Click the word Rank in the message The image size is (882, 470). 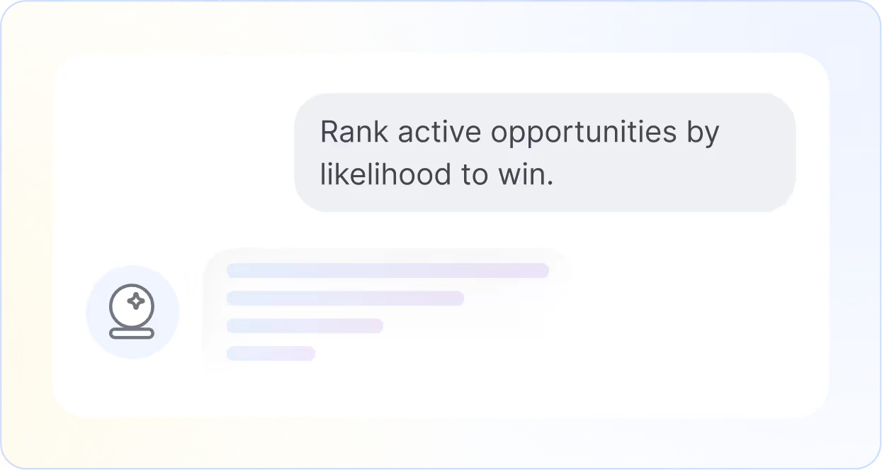[x=354, y=132]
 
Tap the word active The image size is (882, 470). [x=439, y=132]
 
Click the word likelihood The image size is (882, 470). [x=385, y=174]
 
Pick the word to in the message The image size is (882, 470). [x=475, y=175]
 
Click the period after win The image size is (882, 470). [x=550, y=183]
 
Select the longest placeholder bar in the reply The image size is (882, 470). [x=388, y=271]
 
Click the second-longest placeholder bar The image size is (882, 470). [x=345, y=298]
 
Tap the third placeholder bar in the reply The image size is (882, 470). [x=305, y=326]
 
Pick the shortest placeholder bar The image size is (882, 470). [x=271, y=354]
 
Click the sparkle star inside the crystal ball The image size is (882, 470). [x=136, y=301]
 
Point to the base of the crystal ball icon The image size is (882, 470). [x=132, y=334]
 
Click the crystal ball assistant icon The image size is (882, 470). [x=132, y=312]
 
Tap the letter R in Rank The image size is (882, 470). [x=329, y=132]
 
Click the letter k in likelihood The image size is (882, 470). [x=346, y=174]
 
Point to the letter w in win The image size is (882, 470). [x=510, y=177]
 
